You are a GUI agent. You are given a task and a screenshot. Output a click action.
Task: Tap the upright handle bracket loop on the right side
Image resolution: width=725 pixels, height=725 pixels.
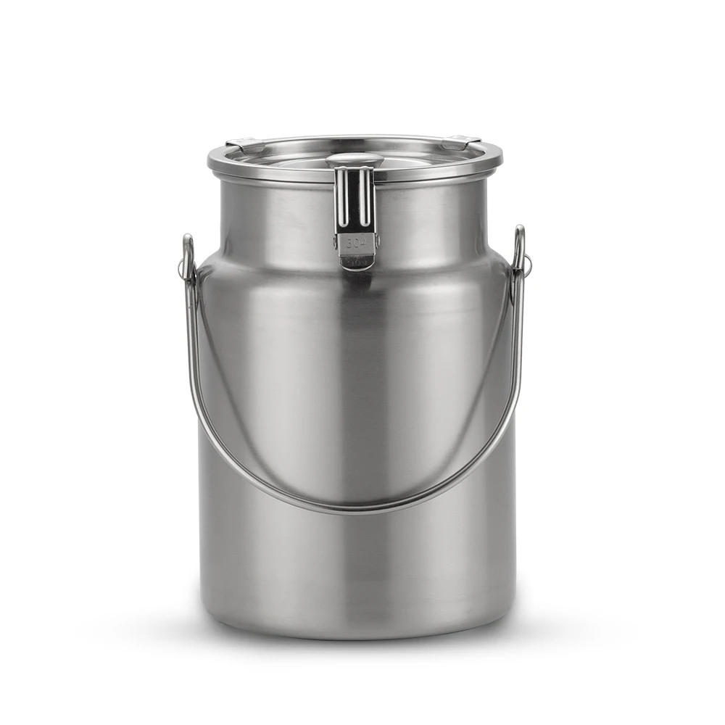(519, 246)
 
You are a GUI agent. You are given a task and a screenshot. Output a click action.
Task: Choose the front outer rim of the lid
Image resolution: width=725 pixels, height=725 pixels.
(290, 174)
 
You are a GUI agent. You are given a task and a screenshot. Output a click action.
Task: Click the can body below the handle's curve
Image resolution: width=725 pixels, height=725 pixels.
(355, 565)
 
